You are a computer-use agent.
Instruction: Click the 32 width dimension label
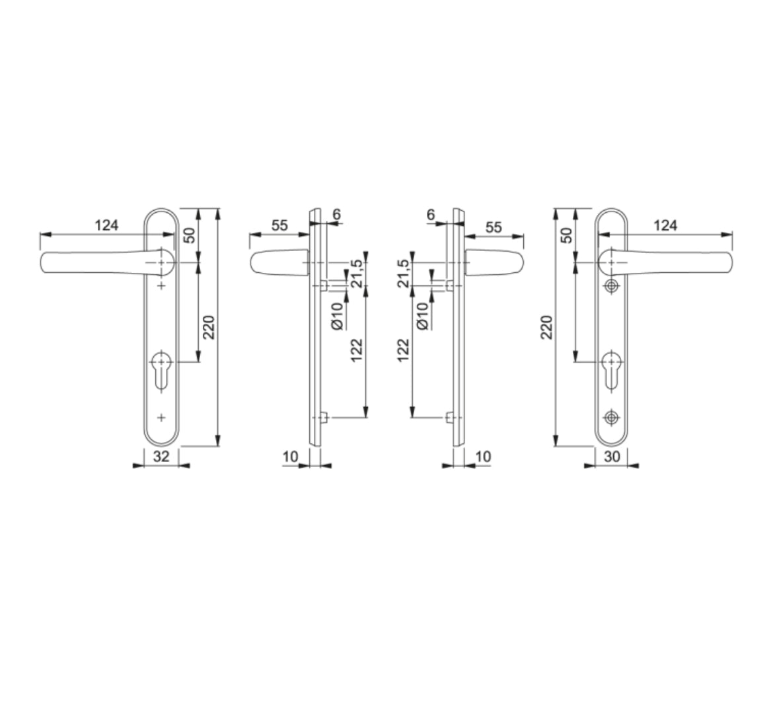[161, 456]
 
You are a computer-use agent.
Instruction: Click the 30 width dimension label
[612, 456]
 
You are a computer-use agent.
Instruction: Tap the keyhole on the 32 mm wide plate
[161, 370]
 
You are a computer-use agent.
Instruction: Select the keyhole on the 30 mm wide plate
[612, 370]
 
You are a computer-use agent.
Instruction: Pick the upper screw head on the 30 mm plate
[612, 286]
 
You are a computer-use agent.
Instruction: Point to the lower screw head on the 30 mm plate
[612, 417]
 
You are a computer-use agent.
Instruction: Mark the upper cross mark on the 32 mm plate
[161, 286]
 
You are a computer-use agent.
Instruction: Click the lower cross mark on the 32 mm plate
[161, 417]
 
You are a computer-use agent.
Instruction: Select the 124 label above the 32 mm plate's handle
[106, 225]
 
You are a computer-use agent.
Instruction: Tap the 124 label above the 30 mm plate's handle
[665, 225]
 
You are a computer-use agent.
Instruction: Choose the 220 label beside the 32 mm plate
[209, 326]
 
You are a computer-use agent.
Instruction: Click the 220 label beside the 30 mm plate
[547, 326]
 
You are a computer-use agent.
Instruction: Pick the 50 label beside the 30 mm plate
[566, 235]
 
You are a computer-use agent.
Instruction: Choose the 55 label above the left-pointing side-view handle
[279, 225]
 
